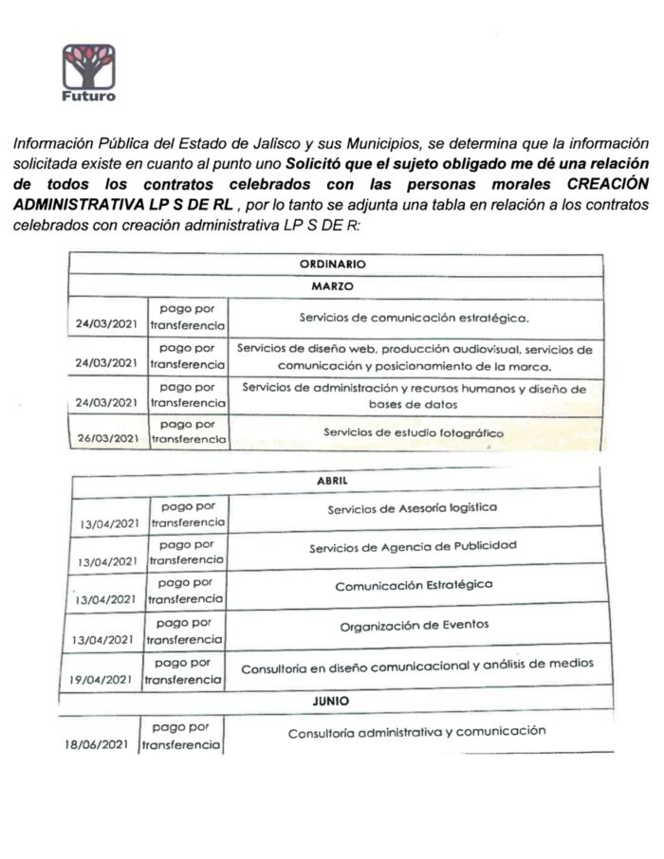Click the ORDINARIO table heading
[x=332, y=265]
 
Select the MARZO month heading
[x=332, y=285]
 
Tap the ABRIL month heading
[x=332, y=482]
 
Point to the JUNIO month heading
[x=331, y=702]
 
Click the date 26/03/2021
[x=106, y=438]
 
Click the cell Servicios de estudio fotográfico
[x=414, y=432]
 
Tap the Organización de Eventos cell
[x=414, y=627]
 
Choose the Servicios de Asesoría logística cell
[x=412, y=508]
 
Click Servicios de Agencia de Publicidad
[x=413, y=547]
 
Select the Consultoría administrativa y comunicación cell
[x=417, y=732]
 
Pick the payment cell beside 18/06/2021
[x=181, y=737]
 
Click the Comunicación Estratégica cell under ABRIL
[x=414, y=585]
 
